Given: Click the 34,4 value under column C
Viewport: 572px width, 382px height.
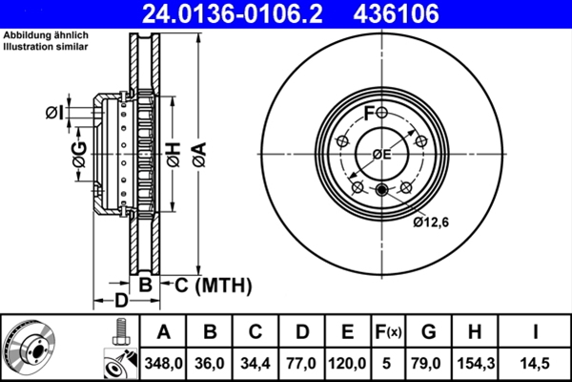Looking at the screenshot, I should tap(256, 364).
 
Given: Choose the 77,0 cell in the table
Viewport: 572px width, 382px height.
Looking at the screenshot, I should tap(302, 364).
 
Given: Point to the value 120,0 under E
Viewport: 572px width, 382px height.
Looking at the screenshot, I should tap(348, 364).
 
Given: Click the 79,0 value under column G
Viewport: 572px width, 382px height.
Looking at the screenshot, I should tap(429, 364).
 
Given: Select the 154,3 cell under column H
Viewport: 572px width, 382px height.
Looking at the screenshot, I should tap(477, 364).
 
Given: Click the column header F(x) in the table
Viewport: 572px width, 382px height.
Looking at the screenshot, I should tap(388, 332).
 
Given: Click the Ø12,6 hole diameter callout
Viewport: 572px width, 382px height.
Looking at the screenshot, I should tap(431, 223).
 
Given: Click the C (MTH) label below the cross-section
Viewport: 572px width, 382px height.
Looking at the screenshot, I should tap(209, 284).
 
